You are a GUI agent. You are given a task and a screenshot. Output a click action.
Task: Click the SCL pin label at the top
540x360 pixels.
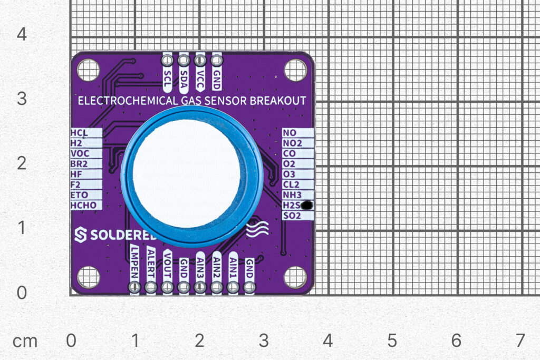tap(168, 76)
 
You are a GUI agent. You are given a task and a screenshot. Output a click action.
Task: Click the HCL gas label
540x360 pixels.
tap(79, 133)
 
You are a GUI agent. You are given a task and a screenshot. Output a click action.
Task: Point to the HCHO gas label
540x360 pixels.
tap(83, 205)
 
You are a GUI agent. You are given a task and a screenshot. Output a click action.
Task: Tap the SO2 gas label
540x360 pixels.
tap(292, 216)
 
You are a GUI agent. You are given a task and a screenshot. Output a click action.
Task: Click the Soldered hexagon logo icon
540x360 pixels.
tap(80, 235)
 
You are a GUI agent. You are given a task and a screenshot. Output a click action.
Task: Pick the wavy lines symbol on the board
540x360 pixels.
tap(257, 228)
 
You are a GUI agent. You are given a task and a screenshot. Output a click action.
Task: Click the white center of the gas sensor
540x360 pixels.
tap(187, 173)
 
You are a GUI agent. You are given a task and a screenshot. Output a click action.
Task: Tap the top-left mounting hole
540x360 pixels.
tap(88, 70)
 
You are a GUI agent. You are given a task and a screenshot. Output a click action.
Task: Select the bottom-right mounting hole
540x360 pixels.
tap(295, 277)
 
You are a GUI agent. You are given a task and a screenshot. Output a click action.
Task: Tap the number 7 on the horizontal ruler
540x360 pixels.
tap(520, 340)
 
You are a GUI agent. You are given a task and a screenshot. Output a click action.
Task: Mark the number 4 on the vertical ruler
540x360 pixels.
tap(21, 35)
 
